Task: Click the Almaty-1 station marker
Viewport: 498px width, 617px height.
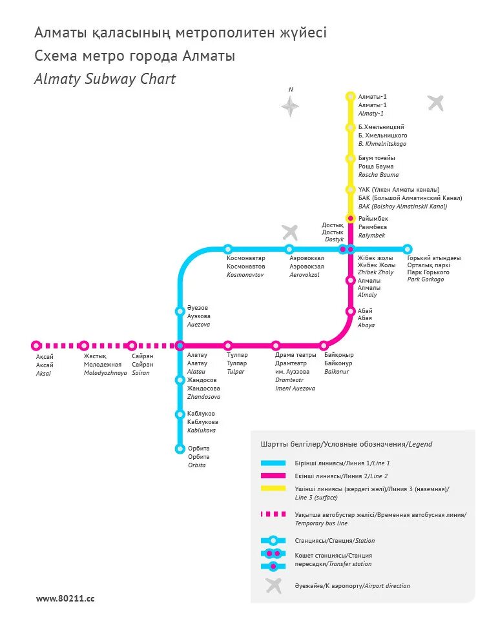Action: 351,97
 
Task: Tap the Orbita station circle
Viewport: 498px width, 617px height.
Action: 180,449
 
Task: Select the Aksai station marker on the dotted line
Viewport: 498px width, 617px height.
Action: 36,345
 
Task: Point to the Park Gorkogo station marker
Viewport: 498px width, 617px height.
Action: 407,249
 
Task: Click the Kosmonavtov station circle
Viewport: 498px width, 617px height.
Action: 228,249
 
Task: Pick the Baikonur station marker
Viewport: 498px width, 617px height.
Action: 324,345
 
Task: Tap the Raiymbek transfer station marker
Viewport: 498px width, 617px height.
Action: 351,219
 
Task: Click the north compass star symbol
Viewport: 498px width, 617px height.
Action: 291,106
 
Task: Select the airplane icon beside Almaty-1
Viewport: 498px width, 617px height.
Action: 436,103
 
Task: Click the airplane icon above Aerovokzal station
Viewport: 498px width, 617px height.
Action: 290,232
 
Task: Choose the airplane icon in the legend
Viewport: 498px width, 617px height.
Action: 274,585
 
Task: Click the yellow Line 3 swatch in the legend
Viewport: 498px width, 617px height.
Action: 273,489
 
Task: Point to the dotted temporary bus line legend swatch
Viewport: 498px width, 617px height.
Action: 273,514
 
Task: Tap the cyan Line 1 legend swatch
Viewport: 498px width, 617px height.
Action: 273,463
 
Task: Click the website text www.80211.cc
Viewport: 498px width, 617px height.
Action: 65,598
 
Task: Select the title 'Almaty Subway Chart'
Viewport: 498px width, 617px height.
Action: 105,79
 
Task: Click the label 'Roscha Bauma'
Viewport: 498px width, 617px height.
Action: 379,175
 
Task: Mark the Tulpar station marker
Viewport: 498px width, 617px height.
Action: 228,345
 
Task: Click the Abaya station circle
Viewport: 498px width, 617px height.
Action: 351,311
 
